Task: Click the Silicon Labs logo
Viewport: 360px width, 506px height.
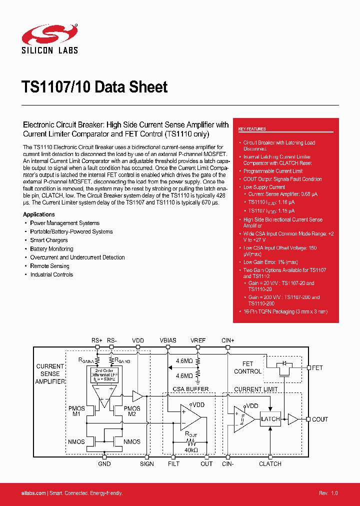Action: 49,39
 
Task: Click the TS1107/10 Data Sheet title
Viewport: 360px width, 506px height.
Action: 95,87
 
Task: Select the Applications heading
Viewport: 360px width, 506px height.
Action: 39,214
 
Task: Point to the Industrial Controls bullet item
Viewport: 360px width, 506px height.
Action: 51,274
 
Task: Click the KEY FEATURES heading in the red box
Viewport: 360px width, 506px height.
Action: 252,129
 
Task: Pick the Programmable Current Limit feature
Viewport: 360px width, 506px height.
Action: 273,171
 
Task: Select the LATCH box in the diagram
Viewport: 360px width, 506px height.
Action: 270,419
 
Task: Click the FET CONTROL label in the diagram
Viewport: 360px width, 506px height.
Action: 248,367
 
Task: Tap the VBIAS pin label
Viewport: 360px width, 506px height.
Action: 168,340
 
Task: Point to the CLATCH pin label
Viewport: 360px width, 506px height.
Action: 270,463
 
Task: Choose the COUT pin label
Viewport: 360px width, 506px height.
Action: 320,419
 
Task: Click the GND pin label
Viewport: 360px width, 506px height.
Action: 104,463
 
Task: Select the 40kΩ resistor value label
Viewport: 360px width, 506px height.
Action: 191,450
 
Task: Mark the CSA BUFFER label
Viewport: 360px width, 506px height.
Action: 190,388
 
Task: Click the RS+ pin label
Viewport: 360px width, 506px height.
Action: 97,340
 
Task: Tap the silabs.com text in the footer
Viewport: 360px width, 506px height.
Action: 34,493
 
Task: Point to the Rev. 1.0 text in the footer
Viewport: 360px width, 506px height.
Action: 328,493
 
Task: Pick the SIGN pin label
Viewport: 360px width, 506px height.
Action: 147,463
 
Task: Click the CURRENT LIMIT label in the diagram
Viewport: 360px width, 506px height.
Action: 255,389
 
